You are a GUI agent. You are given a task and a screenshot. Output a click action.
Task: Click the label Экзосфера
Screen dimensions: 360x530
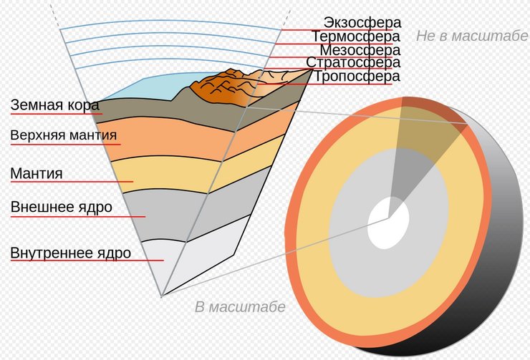[361, 22]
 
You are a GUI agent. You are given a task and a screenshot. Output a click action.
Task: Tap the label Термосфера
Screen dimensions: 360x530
[355, 37]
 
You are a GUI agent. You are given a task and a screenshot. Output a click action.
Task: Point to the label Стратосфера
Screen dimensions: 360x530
[353, 63]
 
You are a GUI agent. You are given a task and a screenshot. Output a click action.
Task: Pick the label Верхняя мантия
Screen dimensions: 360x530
[63, 135]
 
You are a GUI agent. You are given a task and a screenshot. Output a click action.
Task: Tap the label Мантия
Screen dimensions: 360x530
[37, 173]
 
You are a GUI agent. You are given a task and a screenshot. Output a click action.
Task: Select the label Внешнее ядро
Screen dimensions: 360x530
[61, 208]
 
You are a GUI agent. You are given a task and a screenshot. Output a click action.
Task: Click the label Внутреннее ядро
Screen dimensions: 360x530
[70, 253]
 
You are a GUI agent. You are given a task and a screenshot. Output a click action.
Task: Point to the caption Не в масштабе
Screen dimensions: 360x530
[471, 37]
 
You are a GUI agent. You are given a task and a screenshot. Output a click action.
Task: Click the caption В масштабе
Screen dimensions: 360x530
[240, 307]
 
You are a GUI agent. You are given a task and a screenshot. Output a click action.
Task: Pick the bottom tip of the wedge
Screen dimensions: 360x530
[163, 294]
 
